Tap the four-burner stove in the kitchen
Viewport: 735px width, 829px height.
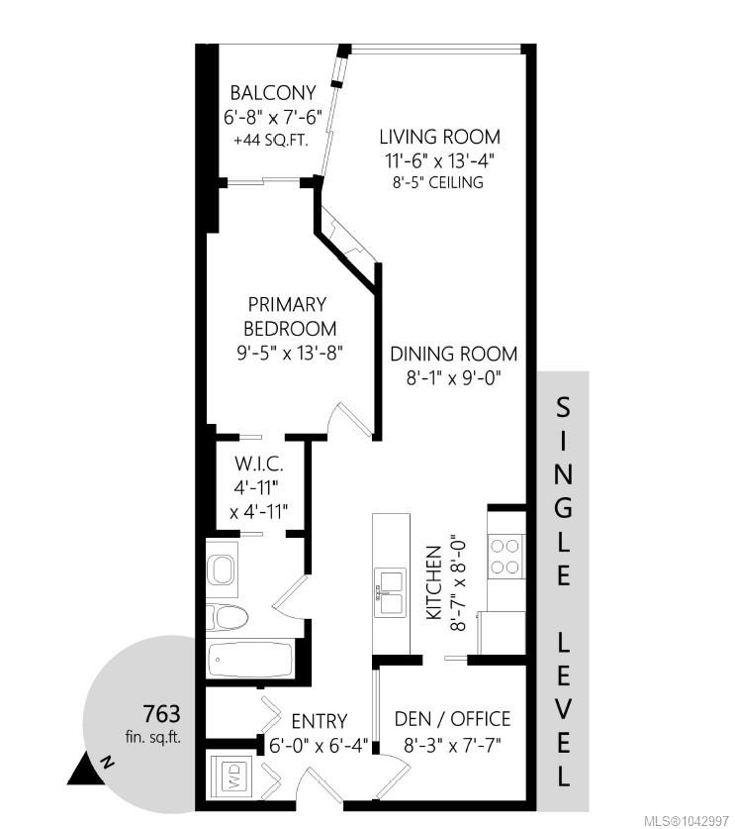[x=505, y=557]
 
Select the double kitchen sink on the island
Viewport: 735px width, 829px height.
[x=391, y=592]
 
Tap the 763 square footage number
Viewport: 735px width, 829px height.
[x=161, y=714]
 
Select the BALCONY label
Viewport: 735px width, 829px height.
[x=273, y=93]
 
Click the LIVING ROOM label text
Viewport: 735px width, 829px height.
[x=440, y=137]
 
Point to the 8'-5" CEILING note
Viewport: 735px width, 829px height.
[x=438, y=182]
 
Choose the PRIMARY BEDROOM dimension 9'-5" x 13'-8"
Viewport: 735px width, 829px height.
[x=290, y=353]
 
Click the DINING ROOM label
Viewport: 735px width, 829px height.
[x=454, y=354]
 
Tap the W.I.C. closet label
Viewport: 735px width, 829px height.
[x=259, y=465]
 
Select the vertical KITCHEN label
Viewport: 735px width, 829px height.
[x=434, y=582]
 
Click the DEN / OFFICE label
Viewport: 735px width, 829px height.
[x=452, y=719]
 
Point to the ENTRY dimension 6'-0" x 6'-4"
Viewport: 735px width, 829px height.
[x=318, y=746]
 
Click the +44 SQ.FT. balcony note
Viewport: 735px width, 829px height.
[x=271, y=141]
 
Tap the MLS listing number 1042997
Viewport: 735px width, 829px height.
[x=705, y=820]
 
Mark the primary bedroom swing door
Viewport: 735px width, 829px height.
[x=349, y=420]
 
